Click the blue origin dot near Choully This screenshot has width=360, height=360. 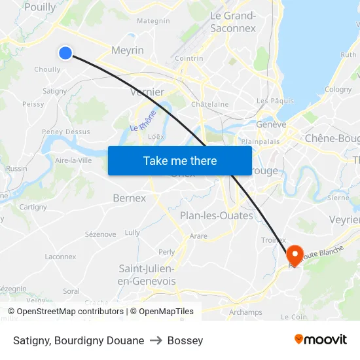coord(65,52)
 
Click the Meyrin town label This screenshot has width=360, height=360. coord(128,50)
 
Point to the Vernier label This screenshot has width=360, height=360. coord(147,92)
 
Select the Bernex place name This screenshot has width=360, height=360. coord(130,198)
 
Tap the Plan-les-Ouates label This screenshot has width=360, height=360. coord(216,215)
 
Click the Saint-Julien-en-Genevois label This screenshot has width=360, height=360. coord(147,275)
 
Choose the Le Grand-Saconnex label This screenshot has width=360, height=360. coord(232,22)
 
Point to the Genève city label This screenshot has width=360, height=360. coord(271,124)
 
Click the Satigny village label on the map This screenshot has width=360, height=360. coord(54,91)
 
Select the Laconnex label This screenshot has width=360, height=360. coord(60,257)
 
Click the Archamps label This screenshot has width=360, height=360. coord(245,312)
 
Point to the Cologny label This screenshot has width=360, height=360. coord(338,90)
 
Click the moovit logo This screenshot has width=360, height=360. coord(320,339)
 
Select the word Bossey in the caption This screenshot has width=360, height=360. coord(185,340)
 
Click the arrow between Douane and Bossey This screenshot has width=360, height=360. coord(156,340)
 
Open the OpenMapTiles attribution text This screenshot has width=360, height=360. coord(162,312)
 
